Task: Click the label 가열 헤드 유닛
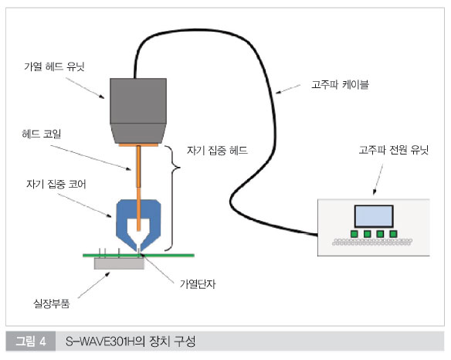coord(54,66)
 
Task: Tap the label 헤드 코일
coord(42,134)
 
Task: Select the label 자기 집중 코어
coord(56,184)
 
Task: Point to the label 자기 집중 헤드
coord(217,150)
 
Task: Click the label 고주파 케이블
coord(340,85)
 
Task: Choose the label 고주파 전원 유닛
coord(394,150)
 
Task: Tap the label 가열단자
coord(198,284)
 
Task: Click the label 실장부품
coord(52,304)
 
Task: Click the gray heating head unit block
coord(138,110)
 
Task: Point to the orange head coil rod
coord(139,188)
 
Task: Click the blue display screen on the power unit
coord(374,216)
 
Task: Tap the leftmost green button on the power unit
coord(354,233)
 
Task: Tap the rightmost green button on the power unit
coord(393,233)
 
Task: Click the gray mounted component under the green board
coord(119,263)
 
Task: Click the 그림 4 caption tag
coord(30,341)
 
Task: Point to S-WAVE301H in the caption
coord(100,341)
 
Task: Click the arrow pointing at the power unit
coord(378,179)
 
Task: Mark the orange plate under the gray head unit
coord(138,144)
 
